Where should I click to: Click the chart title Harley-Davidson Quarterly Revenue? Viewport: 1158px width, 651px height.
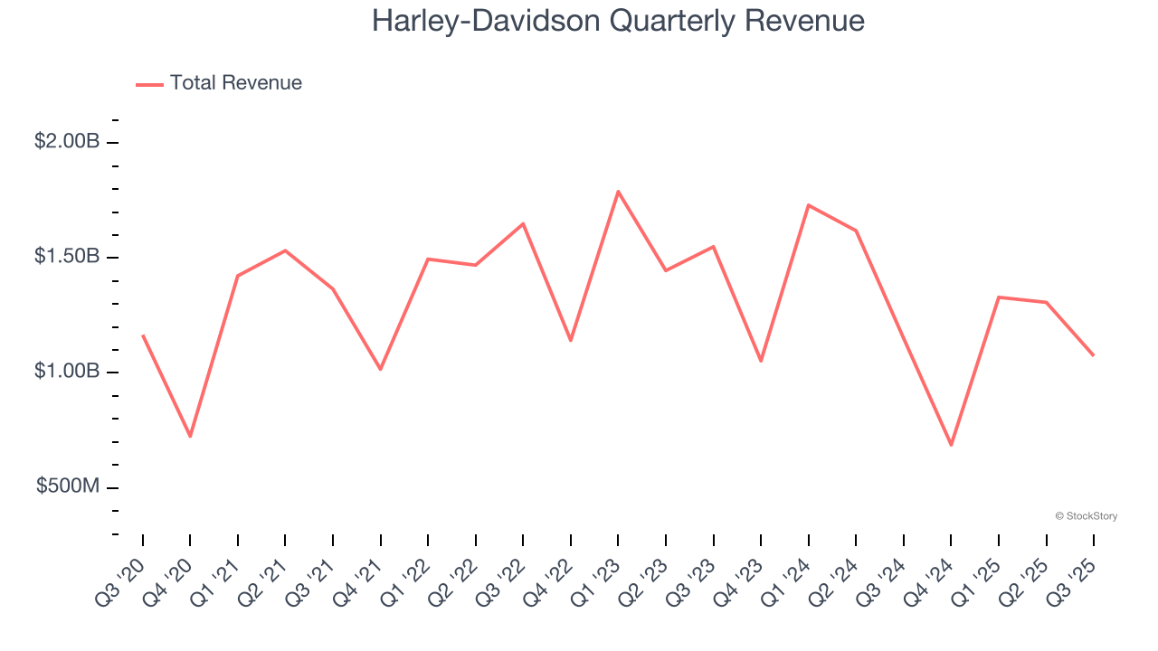[618, 21]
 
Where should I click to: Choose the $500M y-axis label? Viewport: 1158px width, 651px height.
[68, 486]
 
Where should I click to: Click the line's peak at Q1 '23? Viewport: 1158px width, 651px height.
[618, 192]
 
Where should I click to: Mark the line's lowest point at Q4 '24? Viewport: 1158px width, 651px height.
[951, 445]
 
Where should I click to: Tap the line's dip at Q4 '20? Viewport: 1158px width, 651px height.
[190, 436]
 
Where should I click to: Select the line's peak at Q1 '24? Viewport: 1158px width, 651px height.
[808, 205]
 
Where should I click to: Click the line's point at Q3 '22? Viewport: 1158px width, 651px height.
[523, 223]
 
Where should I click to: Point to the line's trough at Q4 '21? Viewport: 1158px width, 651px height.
[380, 369]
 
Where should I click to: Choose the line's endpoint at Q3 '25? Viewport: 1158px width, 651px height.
[1093, 354]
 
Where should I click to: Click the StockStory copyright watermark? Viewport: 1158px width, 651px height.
[1086, 516]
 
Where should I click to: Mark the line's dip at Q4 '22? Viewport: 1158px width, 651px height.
[571, 340]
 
